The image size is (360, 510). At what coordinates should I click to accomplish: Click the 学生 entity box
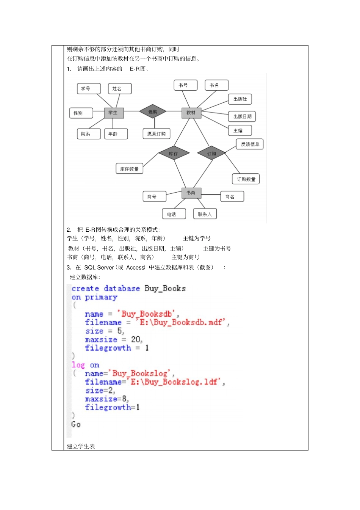tap(114, 113)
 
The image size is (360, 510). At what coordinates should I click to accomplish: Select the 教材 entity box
tap(191, 113)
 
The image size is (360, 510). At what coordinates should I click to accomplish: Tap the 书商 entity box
tap(191, 193)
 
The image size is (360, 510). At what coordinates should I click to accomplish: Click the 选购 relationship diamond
tap(153, 112)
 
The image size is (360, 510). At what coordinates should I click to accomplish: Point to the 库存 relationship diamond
tap(173, 154)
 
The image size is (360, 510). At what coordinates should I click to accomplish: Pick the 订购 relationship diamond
tap(211, 154)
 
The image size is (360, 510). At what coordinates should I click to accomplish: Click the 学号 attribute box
tap(89, 88)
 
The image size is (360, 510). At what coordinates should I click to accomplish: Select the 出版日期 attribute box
tap(242, 116)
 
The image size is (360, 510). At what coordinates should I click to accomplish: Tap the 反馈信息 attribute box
tap(250, 144)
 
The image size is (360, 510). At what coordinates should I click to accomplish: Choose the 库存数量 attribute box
tap(129, 169)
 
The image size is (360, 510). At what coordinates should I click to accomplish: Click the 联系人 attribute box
tap(205, 214)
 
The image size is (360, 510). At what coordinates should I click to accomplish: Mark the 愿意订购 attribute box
tap(157, 133)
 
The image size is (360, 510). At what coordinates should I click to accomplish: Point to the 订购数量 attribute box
tap(246, 179)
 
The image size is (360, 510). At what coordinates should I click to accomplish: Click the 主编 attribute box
tap(240, 130)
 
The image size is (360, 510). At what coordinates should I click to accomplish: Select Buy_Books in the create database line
tap(165, 289)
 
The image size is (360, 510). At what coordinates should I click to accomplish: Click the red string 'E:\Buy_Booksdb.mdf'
tap(182, 322)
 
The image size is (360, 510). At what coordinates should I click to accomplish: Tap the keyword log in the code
tap(78, 365)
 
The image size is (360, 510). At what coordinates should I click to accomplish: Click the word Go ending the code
tap(76, 424)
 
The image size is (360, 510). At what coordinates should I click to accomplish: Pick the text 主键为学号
tap(197, 238)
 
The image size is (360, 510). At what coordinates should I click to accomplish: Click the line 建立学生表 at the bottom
tap(81, 446)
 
